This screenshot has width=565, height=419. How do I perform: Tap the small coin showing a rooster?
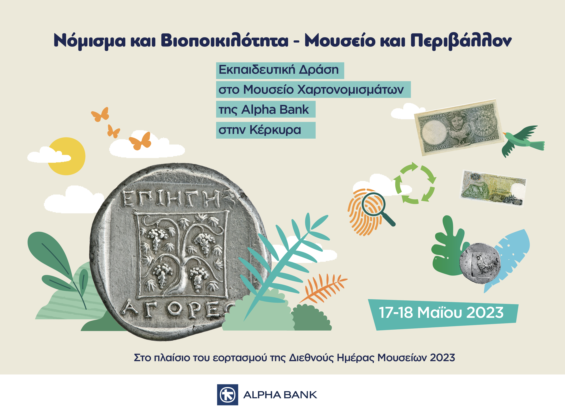tap(480, 263)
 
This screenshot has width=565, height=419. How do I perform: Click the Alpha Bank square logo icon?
tap(227, 395)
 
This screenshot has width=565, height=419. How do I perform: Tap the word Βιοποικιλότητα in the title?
tap(225, 41)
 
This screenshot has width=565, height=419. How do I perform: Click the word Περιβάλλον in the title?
tap(461, 41)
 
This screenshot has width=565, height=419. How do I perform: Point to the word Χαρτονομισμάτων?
tap(350, 90)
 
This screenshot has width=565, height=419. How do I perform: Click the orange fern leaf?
tap(323, 288)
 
